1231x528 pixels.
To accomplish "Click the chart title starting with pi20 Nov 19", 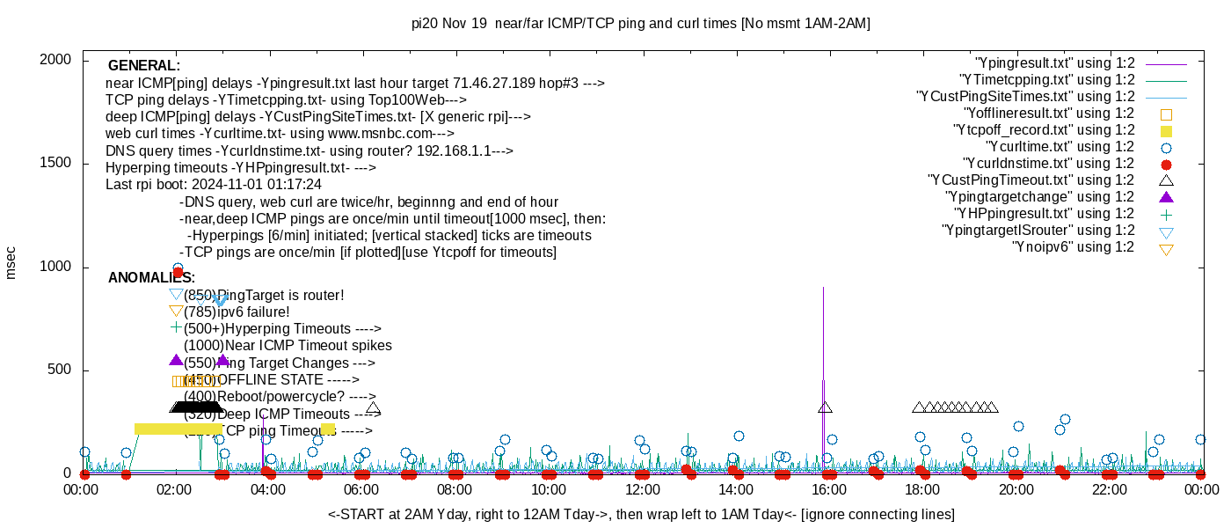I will pos(640,24).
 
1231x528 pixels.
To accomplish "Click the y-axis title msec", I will pos(11,262).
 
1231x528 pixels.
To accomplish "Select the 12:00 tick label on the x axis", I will pos(642,489).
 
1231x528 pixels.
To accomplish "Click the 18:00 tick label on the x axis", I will pos(921,489).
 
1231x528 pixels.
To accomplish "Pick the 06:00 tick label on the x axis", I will pos(361,489).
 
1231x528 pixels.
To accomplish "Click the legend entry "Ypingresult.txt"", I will pos(1055,63).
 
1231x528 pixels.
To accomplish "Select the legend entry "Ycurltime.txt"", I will pos(1060,147).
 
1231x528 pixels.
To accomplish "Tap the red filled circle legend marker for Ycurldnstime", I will pos(1167,165).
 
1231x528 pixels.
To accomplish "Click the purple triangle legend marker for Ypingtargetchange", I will pos(1167,197).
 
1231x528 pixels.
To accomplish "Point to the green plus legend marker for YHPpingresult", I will pos(1167,214).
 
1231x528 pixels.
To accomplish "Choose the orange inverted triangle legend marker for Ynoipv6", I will pos(1167,248).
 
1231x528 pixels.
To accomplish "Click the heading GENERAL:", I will pos(143,66).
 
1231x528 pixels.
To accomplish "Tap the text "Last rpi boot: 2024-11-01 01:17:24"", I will pos(214,185).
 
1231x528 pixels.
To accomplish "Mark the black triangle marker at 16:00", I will pos(825,407).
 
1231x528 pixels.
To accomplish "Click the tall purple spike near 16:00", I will pos(823,334).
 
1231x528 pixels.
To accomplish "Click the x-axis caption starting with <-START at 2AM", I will pos(641,514).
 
